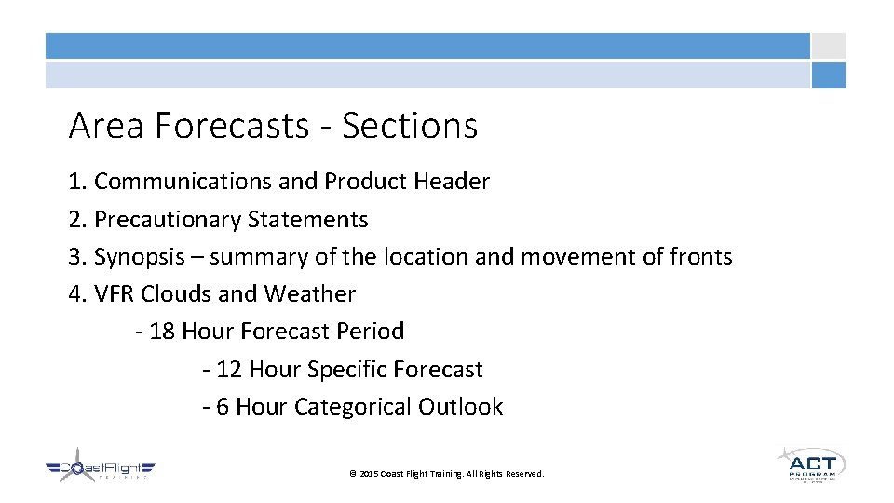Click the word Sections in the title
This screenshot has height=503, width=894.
[410, 126]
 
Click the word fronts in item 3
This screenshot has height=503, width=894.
[701, 257]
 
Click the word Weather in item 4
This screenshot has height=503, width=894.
[310, 294]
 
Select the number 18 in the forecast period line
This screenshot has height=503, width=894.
[162, 332]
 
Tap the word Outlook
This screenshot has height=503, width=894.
[461, 407]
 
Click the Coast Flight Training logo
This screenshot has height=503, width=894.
[101, 469]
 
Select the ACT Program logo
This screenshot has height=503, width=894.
[811, 463]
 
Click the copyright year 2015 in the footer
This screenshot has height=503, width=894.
[369, 474]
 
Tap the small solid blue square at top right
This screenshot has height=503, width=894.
[828, 75]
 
